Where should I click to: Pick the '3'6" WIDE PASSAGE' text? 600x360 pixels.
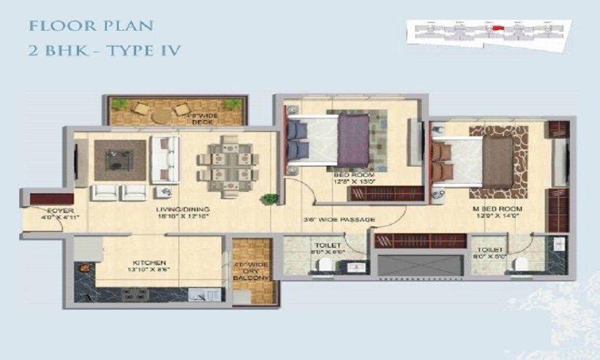pyautogui.click(x=340, y=220)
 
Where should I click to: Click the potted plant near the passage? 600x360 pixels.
pyautogui.click(x=271, y=197)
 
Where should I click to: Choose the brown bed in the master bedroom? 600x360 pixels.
pyautogui.click(x=497, y=161)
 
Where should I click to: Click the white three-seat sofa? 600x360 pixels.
pyautogui.click(x=164, y=159)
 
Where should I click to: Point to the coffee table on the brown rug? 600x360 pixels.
pyautogui.click(x=119, y=158)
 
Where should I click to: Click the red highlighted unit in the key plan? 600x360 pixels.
pyautogui.click(x=496, y=28)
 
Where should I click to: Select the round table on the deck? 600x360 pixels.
pyautogui.click(x=161, y=115)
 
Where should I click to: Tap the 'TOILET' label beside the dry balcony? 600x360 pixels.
pyautogui.click(x=327, y=246)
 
